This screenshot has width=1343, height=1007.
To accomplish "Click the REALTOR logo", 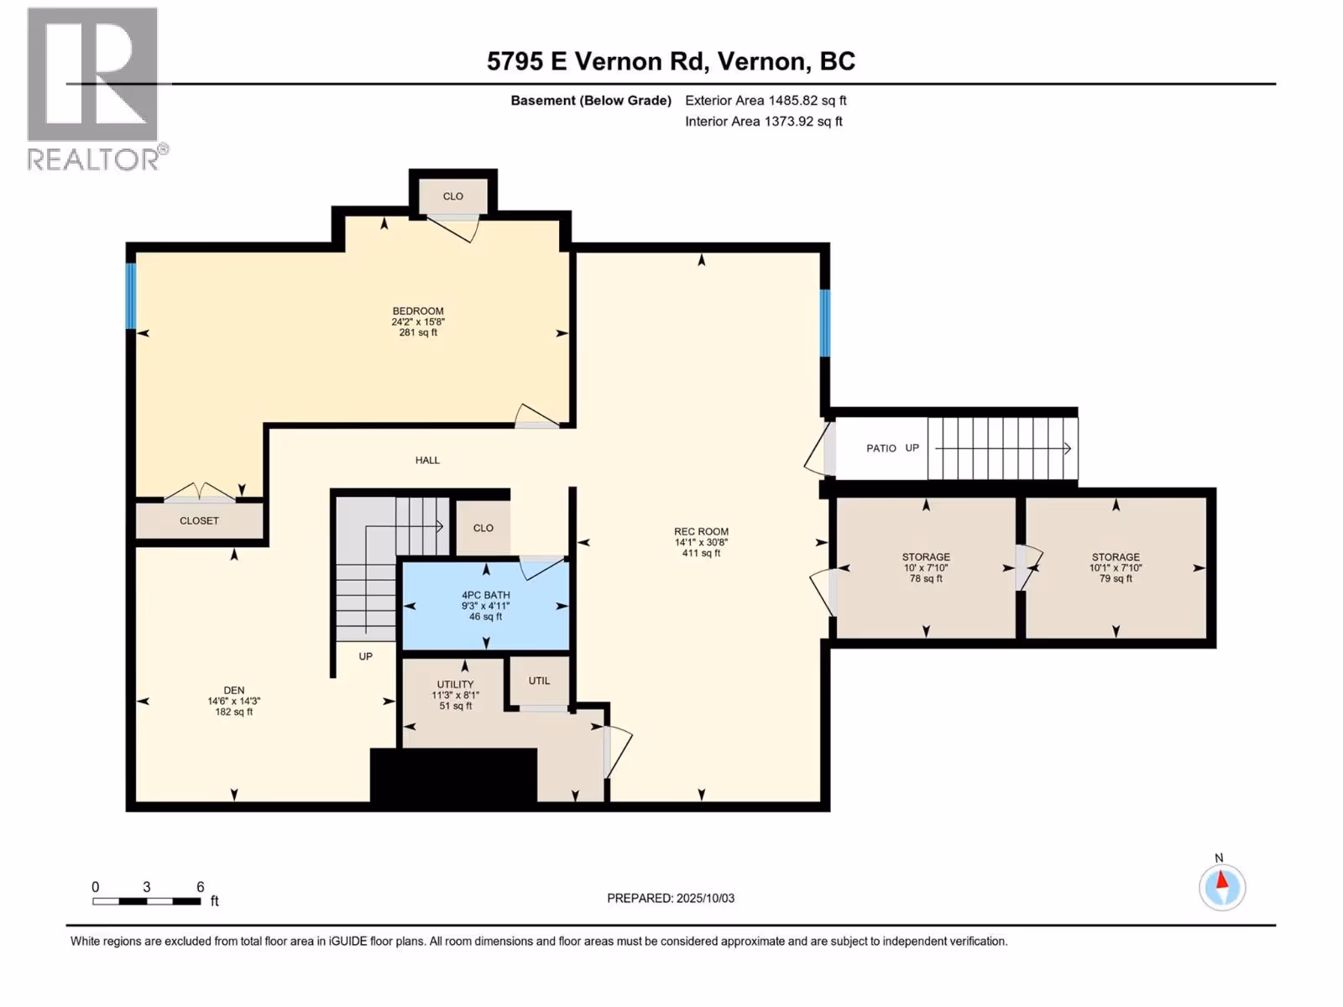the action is click(97, 89).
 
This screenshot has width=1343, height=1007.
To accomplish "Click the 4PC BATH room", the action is click(486, 606).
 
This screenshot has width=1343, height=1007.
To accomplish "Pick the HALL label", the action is click(427, 461).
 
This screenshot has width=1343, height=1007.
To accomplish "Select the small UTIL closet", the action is click(539, 681).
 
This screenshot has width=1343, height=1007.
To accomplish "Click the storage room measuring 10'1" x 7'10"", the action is click(1116, 568).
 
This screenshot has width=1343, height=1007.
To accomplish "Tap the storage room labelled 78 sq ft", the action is click(926, 568).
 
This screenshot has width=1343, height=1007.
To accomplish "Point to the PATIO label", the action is click(881, 449).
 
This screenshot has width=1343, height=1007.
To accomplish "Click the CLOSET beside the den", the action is click(200, 521).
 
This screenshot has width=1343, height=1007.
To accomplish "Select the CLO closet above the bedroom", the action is click(452, 196).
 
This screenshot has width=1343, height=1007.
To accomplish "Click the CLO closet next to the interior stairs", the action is click(483, 529).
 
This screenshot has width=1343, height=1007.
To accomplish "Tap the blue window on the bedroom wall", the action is click(130, 296).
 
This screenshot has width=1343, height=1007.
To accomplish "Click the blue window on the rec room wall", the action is click(825, 323).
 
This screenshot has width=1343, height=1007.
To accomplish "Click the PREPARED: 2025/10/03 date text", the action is click(671, 898).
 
